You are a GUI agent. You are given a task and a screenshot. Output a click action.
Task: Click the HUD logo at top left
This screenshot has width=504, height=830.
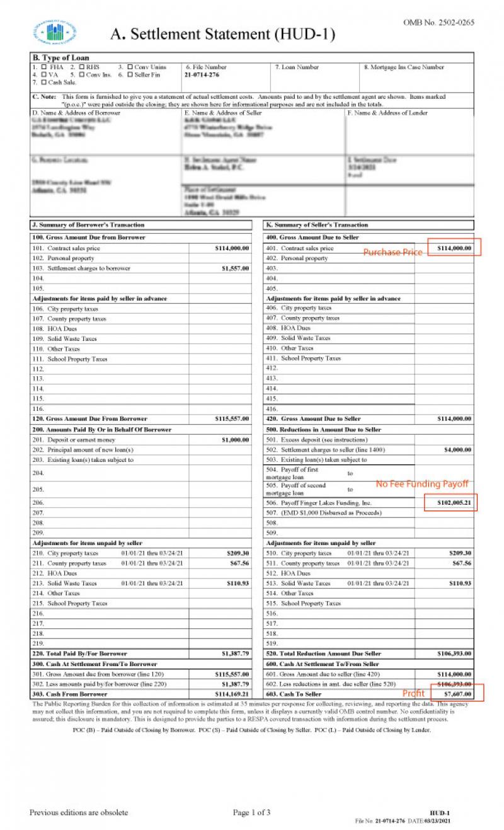pos(55,33)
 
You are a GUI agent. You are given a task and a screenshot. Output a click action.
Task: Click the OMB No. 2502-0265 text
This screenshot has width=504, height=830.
pos(438,23)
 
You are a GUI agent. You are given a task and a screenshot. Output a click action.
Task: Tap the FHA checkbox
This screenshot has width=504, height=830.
pos(43,67)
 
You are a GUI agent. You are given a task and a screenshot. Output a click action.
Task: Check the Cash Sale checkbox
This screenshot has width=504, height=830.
pos(43,82)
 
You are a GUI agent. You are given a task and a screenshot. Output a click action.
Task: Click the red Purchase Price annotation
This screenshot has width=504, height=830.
pos(392,252)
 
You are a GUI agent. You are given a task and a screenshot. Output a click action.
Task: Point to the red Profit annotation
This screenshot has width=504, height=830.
pos(414,693)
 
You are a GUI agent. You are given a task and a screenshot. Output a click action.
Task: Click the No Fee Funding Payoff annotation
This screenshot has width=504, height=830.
pos(422,484)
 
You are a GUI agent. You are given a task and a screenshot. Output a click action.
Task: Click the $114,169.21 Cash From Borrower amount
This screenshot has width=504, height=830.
pos(231,694)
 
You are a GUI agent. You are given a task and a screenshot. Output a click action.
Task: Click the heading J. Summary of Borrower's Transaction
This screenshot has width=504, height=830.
pos(88,225)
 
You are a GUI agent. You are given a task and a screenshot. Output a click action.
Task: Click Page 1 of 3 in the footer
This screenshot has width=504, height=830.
pos(251,812)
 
